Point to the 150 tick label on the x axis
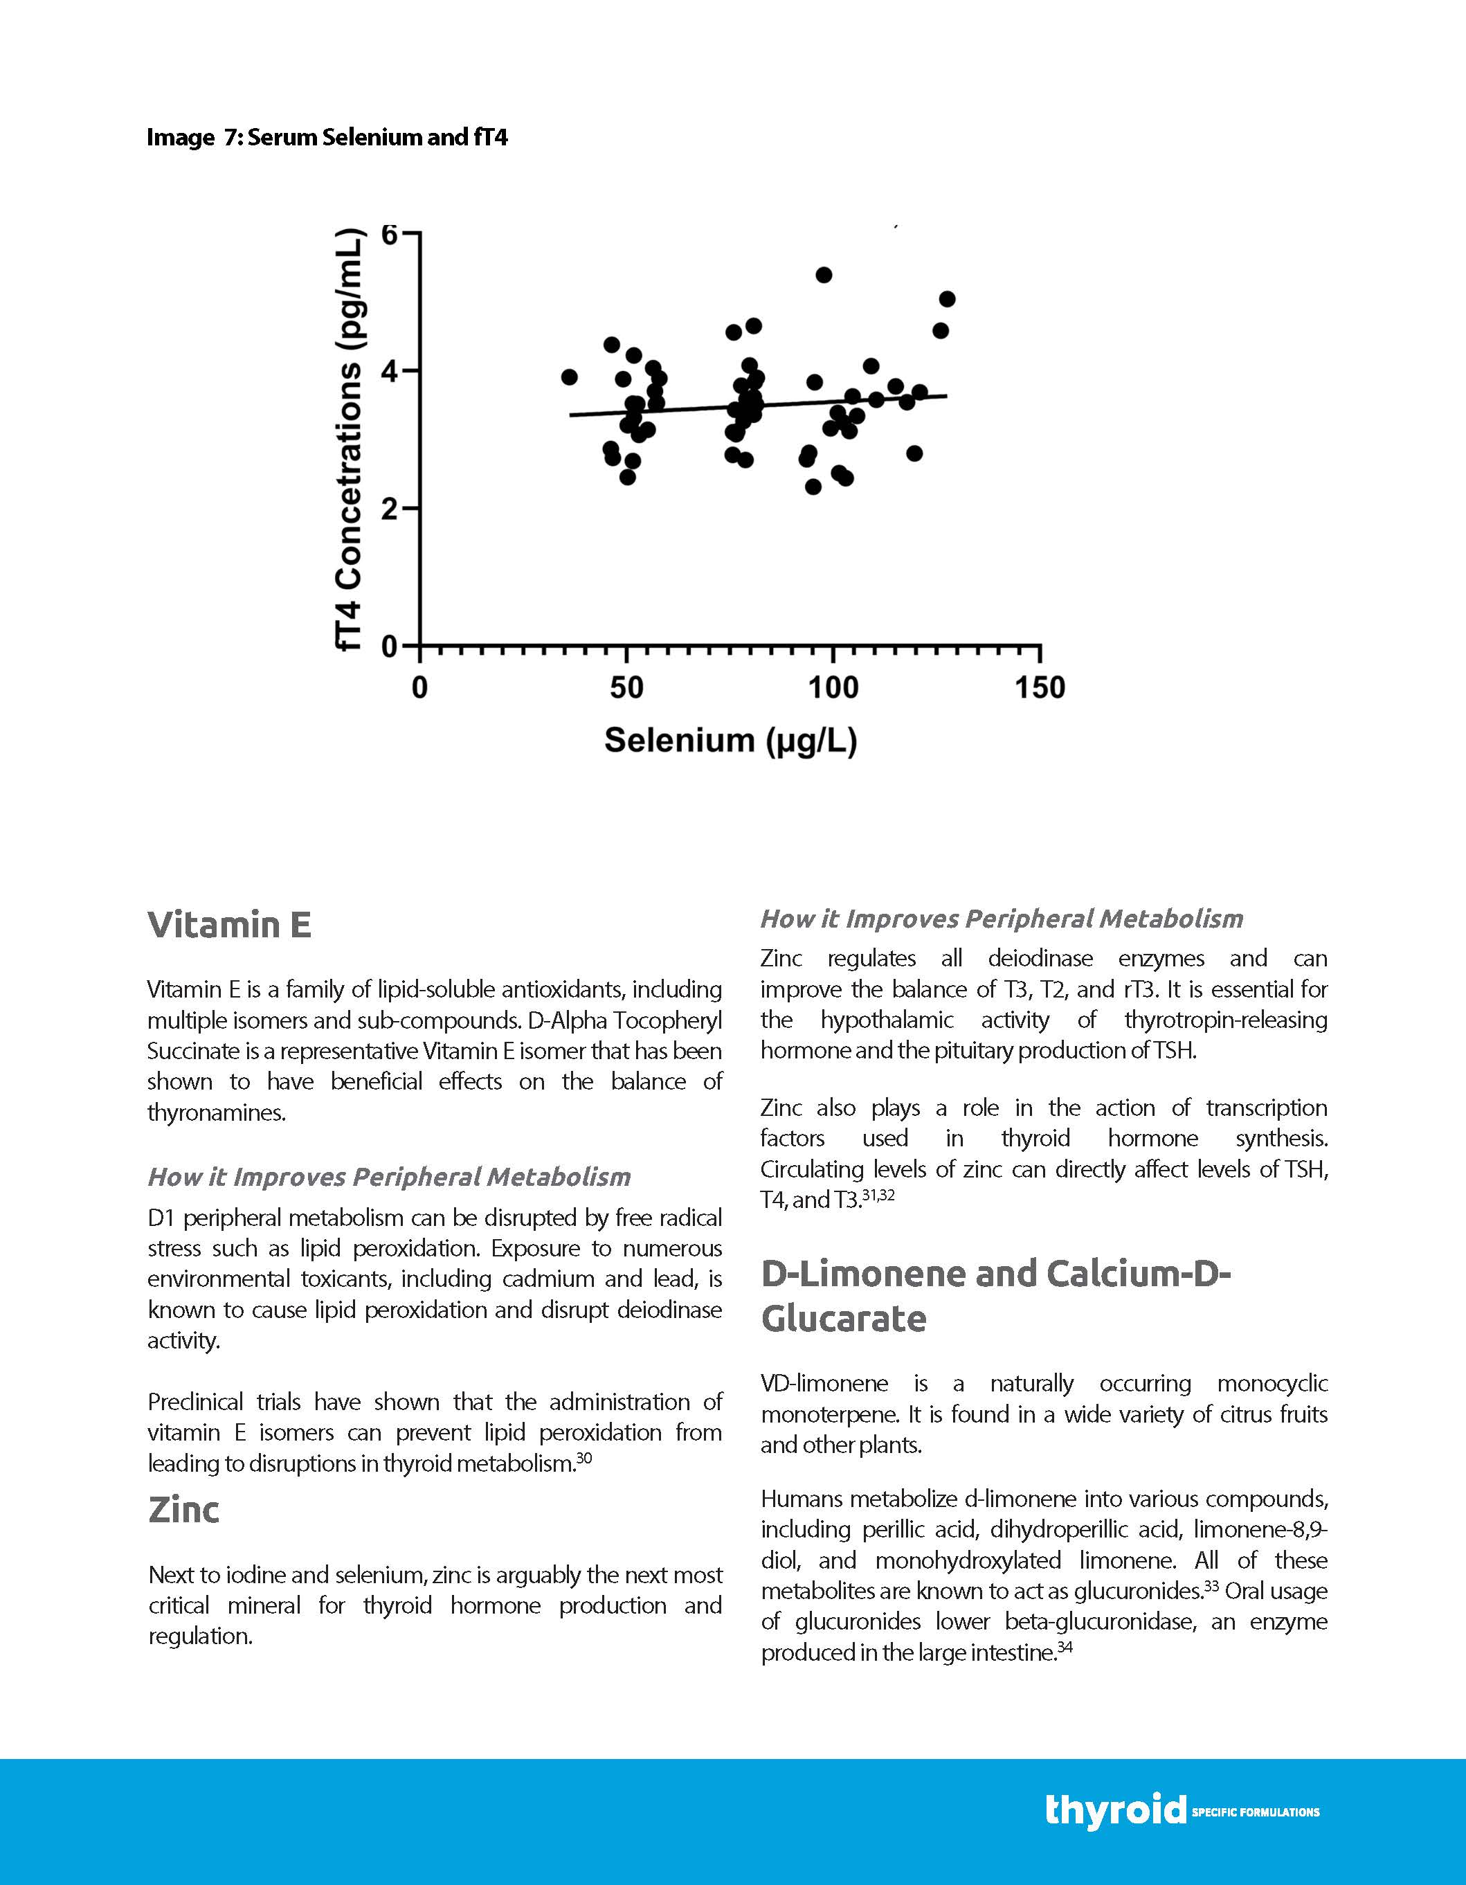(x=1040, y=688)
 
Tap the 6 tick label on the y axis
(x=389, y=234)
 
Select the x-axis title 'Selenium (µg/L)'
(x=730, y=740)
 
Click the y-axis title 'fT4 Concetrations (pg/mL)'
(x=350, y=440)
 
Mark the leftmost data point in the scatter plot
(x=569, y=377)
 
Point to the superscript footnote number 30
(x=584, y=1458)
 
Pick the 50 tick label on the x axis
(x=626, y=688)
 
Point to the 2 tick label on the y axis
(x=389, y=509)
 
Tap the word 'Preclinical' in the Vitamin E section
(x=196, y=1402)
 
